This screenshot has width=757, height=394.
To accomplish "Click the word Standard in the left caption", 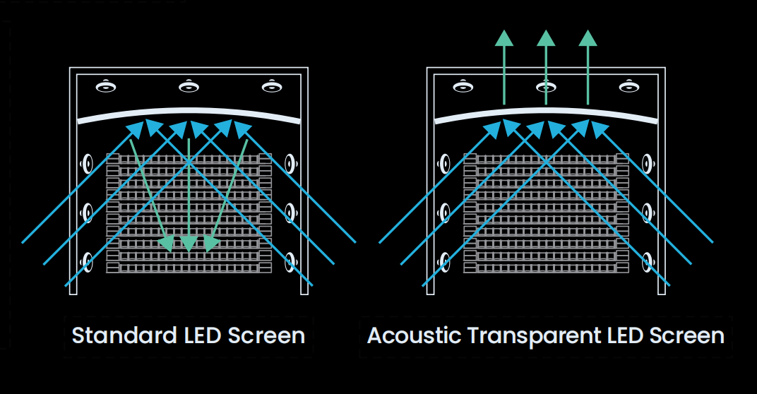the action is pos(124,335).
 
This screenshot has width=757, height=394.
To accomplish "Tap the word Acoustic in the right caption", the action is pos(414,335).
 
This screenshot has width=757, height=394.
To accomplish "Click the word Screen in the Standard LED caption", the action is pos(266,335).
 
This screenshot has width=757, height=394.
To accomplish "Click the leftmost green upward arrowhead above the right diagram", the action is pos(504,38).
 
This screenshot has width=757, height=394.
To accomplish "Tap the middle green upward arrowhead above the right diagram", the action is pos(546,38).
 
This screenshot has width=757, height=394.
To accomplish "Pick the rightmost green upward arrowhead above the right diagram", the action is pos(588,38).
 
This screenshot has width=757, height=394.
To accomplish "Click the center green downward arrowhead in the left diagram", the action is pos(189,244).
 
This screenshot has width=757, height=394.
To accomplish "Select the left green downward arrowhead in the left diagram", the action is pos(167,244).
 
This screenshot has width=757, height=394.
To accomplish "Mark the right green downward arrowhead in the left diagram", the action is pos(210,244).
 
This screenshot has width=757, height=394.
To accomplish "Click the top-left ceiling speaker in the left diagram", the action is pos(106,86).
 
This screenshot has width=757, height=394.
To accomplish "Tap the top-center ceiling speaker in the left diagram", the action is pos(189,86).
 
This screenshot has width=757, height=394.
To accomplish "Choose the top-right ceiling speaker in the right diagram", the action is pos(629,86).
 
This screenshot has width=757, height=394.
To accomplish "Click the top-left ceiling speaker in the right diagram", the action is pos(463,86).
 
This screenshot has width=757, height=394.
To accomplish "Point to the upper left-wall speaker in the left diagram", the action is pos(87,164).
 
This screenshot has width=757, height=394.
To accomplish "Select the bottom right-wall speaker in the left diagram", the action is pos(290,262).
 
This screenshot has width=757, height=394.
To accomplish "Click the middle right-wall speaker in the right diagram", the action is pos(648,213).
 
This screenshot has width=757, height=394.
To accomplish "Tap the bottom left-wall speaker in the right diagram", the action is pos(444,262).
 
